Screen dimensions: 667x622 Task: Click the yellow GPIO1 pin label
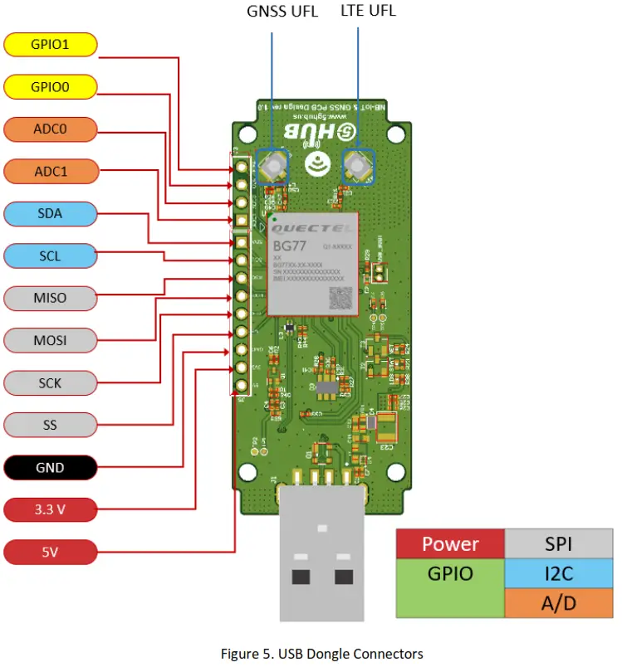[x=50, y=44]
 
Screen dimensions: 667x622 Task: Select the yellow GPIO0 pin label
[x=50, y=86]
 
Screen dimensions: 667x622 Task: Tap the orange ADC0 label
[x=50, y=129]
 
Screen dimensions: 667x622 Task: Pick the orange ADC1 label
[x=50, y=171]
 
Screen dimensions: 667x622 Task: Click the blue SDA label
[x=50, y=213]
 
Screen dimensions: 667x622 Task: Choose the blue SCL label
[x=50, y=256]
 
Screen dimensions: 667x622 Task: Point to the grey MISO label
[x=50, y=298]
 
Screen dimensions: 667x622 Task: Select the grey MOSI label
[x=50, y=340]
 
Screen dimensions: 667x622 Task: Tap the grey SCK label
[x=50, y=382]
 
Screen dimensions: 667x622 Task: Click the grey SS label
[x=50, y=425]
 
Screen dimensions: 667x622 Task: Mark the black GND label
[x=50, y=467]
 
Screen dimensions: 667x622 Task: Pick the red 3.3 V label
[x=50, y=509]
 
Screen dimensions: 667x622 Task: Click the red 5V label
[x=50, y=551]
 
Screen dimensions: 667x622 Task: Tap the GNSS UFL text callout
[x=282, y=12]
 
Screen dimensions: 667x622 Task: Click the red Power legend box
[x=450, y=544]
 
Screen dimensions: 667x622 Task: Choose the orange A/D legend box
[x=558, y=603]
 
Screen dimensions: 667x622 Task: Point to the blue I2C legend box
[x=558, y=573]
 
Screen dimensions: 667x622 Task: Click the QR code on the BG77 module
[x=340, y=298]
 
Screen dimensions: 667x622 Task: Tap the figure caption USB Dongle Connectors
[x=321, y=654]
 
